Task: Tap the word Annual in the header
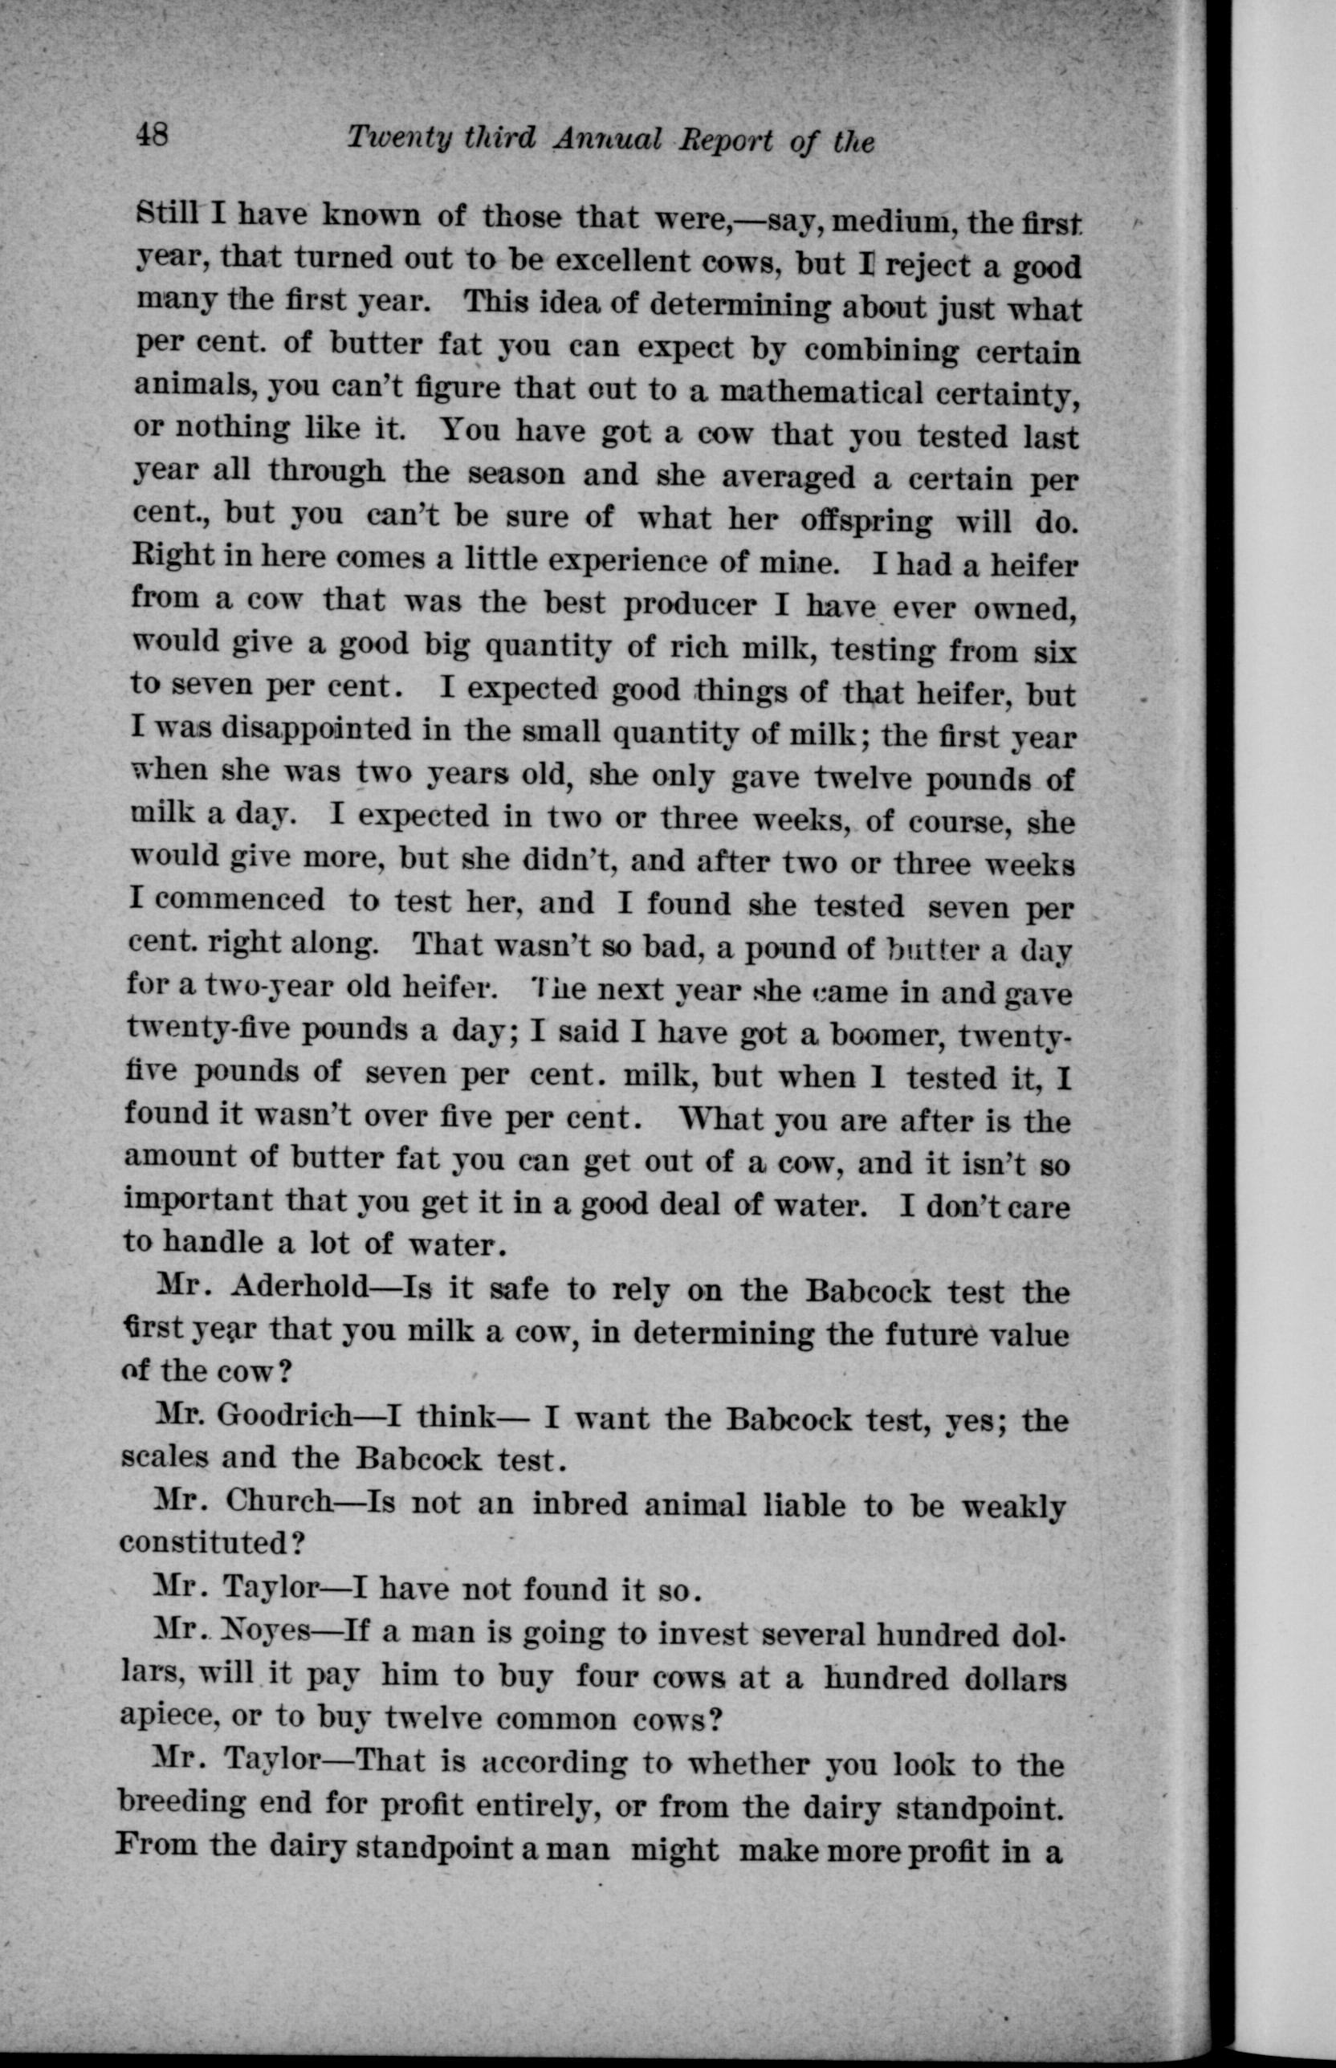607,139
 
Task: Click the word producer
690,605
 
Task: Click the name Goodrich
283,1418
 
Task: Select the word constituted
204,1543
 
